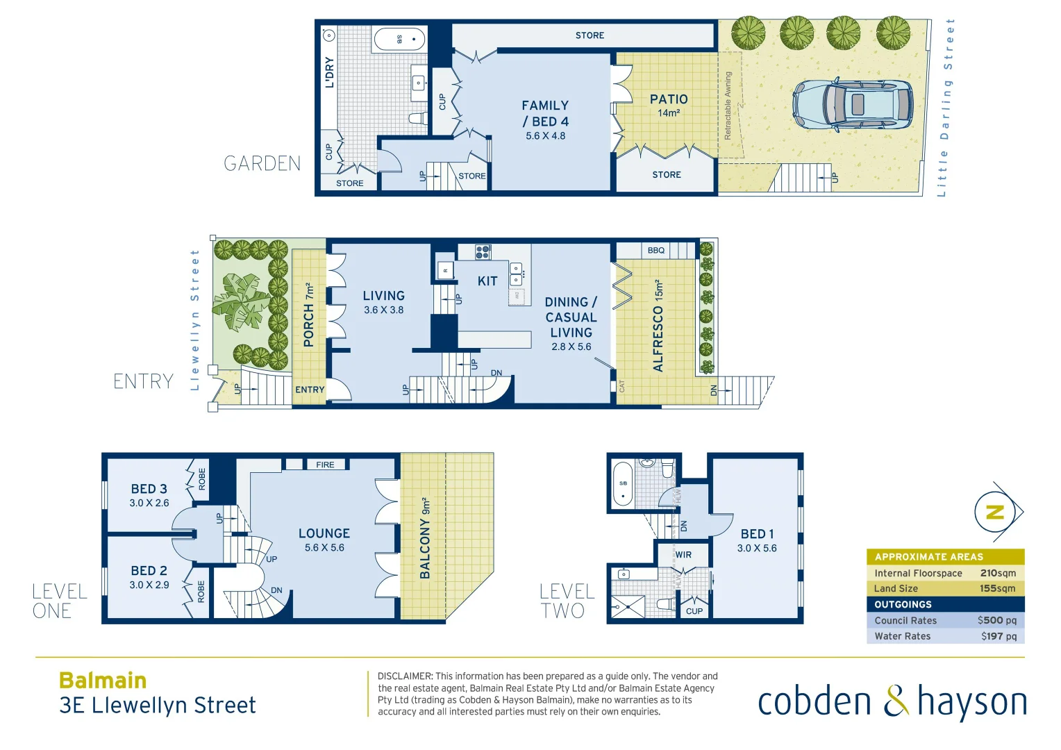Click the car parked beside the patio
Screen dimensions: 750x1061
(853, 104)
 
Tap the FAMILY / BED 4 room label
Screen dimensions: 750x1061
(545, 114)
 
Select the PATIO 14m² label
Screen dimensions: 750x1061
(669, 104)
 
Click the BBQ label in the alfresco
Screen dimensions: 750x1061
(655, 250)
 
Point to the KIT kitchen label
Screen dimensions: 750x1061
(487, 281)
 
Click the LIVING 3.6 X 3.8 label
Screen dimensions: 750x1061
(383, 302)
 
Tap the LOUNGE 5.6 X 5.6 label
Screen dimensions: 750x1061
(324, 540)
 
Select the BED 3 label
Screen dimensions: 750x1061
(149, 490)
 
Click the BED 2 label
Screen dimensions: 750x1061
(149, 571)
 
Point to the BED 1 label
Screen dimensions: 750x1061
(757, 534)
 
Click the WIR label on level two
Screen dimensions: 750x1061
(683, 555)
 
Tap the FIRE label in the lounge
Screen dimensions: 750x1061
(325, 465)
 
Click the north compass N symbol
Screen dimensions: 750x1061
(995, 512)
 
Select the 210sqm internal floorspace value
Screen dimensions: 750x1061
(998, 573)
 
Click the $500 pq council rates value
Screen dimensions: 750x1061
(996, 620)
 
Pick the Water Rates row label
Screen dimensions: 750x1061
(902, 636)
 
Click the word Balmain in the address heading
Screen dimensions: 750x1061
(103, 681)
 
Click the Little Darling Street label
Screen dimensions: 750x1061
(946, 108)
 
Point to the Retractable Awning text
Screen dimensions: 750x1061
(728, 106)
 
